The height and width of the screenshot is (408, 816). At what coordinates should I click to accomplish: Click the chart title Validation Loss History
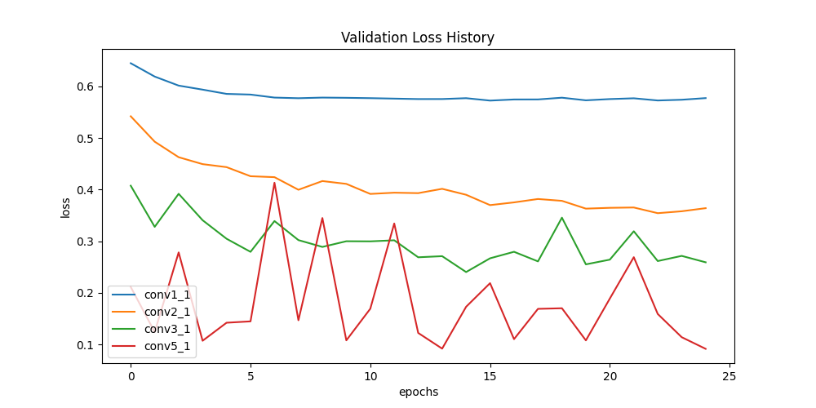pos(417,38)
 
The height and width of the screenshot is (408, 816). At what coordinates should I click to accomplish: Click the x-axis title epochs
pos(418,392)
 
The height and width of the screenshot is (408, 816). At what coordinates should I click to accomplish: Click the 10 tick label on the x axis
pos(370,376)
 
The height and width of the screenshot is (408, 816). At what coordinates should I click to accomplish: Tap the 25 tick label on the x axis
pos(730,376)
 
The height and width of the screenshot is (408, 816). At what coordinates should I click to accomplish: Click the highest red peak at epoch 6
pos(274,183)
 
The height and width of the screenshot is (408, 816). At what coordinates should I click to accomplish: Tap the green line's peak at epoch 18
pos(561,218)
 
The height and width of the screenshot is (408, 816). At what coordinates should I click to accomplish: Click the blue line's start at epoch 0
pos(131,63)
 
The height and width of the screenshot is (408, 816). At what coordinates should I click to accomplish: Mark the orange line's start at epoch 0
pos(131,116)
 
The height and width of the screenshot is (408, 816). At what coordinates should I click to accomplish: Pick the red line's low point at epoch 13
pos(441,349)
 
